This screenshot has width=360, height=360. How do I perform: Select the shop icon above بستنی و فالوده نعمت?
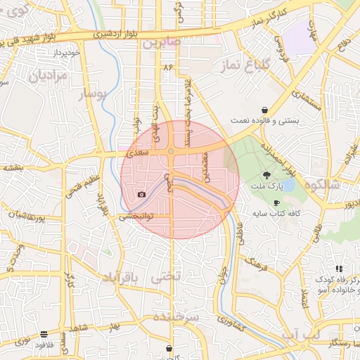coord(264,110)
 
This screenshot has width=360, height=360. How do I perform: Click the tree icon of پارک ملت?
coord(266,174)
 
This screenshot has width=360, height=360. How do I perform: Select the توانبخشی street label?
coord(136,217)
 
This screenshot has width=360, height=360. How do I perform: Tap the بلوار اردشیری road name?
coord(98,33)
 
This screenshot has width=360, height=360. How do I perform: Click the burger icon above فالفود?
coord(44,334)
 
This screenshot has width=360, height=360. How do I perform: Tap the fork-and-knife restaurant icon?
coord(339,268)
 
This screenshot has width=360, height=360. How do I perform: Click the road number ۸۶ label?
coord(167,66)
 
